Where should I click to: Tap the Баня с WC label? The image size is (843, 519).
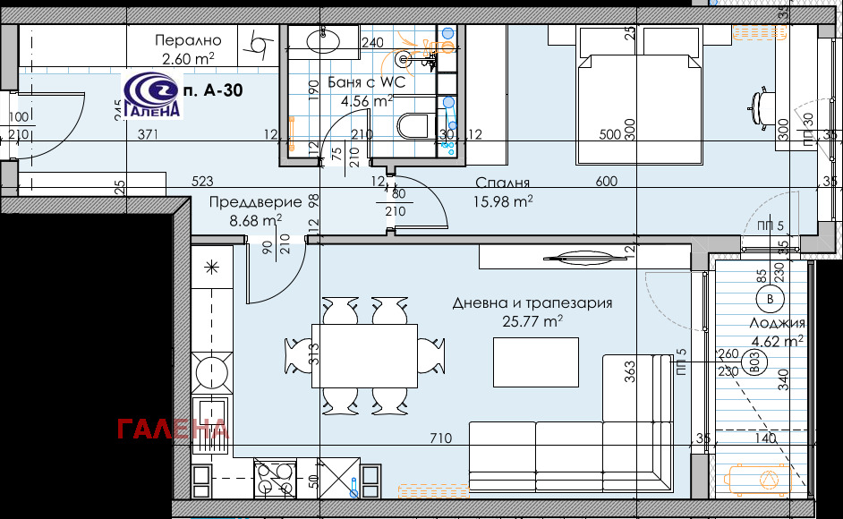pos(366,82)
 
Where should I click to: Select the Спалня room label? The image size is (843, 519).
pos(503,183)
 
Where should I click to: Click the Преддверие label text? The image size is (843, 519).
pos(255,202)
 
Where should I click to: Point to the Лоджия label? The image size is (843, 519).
pos(778,323)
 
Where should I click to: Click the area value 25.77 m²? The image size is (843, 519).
pos(532,321)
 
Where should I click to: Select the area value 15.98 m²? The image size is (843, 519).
pos(503,201)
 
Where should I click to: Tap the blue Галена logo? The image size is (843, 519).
pos(153,95)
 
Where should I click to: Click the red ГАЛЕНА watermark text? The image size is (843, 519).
pos(173,430)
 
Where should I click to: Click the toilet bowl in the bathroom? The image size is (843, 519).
pos(413,124)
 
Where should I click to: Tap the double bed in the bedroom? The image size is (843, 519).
pos(639,95)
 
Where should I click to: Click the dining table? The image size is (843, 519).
pos(364,355)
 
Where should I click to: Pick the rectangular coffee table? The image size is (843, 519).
pos(536,362)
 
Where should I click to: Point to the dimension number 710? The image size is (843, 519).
pos(441,438)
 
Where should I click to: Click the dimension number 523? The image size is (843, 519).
pos(202,182)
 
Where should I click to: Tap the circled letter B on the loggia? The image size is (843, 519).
pos(770,299)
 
